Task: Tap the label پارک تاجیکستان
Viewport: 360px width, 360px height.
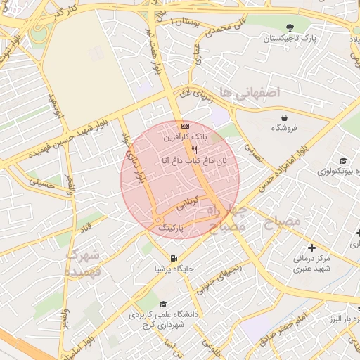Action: coord(290,39)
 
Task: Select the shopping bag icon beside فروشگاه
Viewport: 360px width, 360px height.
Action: coord(283,117)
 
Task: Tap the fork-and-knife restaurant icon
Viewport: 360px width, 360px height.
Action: coord(194,150)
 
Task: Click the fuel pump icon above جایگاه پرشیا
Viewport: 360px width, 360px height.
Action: coord(173,257)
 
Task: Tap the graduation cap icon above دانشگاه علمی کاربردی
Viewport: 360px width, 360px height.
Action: coord(163,304)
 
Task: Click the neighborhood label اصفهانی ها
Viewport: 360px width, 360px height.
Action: coord(249,92)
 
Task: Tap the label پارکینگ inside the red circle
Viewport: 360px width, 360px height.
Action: coord(171,229)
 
